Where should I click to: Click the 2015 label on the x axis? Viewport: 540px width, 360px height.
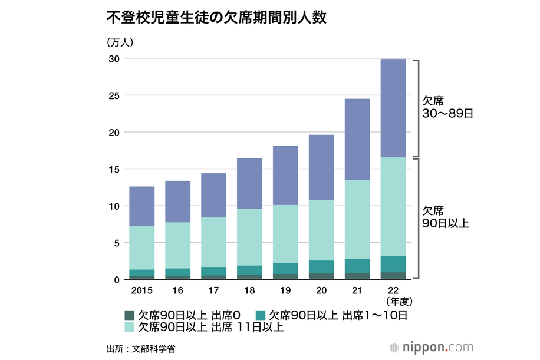click(142, 290)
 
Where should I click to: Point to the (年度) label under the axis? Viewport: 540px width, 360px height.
click(394, 301)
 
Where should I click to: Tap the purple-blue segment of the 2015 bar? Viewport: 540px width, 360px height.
click(142, 206)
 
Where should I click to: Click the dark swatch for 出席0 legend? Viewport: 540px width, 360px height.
click(130, 315)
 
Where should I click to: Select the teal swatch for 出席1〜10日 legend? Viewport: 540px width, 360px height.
click(262, 315)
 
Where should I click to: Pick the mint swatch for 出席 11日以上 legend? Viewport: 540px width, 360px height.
click(130, 327)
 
